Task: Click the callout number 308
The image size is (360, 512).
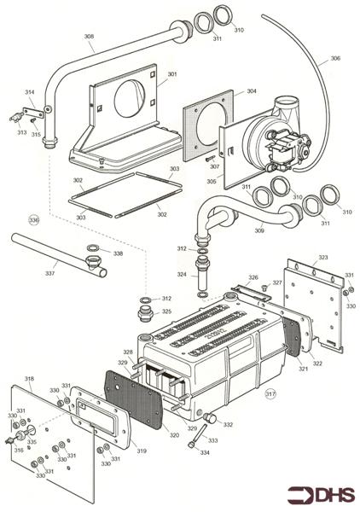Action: click(x=89, y=36)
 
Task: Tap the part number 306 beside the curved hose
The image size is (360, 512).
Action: click(x=335, y=58)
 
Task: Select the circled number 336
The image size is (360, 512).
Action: click(x=34, y=220)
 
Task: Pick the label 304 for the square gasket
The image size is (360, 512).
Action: click(x=252, y=90)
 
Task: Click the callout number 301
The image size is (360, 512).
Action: click(x=172, y=74)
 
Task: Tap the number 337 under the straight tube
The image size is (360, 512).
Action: click(x=50, y=274)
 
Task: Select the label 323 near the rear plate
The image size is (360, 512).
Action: click(x=322, y=257)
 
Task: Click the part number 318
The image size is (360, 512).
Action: click(x=29, y=377)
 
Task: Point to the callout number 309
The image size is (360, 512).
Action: click(x=259, y=230)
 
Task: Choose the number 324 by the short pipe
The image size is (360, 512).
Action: click(x=181, y=275)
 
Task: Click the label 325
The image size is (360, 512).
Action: click(x=167, y=312)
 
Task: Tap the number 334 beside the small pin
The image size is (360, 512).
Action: click(x=205, y=454)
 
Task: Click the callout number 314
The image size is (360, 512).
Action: click(x=29, y=91)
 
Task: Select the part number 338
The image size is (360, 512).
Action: click(x=118, y=253)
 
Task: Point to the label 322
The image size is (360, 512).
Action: click(x=318, y=364)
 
